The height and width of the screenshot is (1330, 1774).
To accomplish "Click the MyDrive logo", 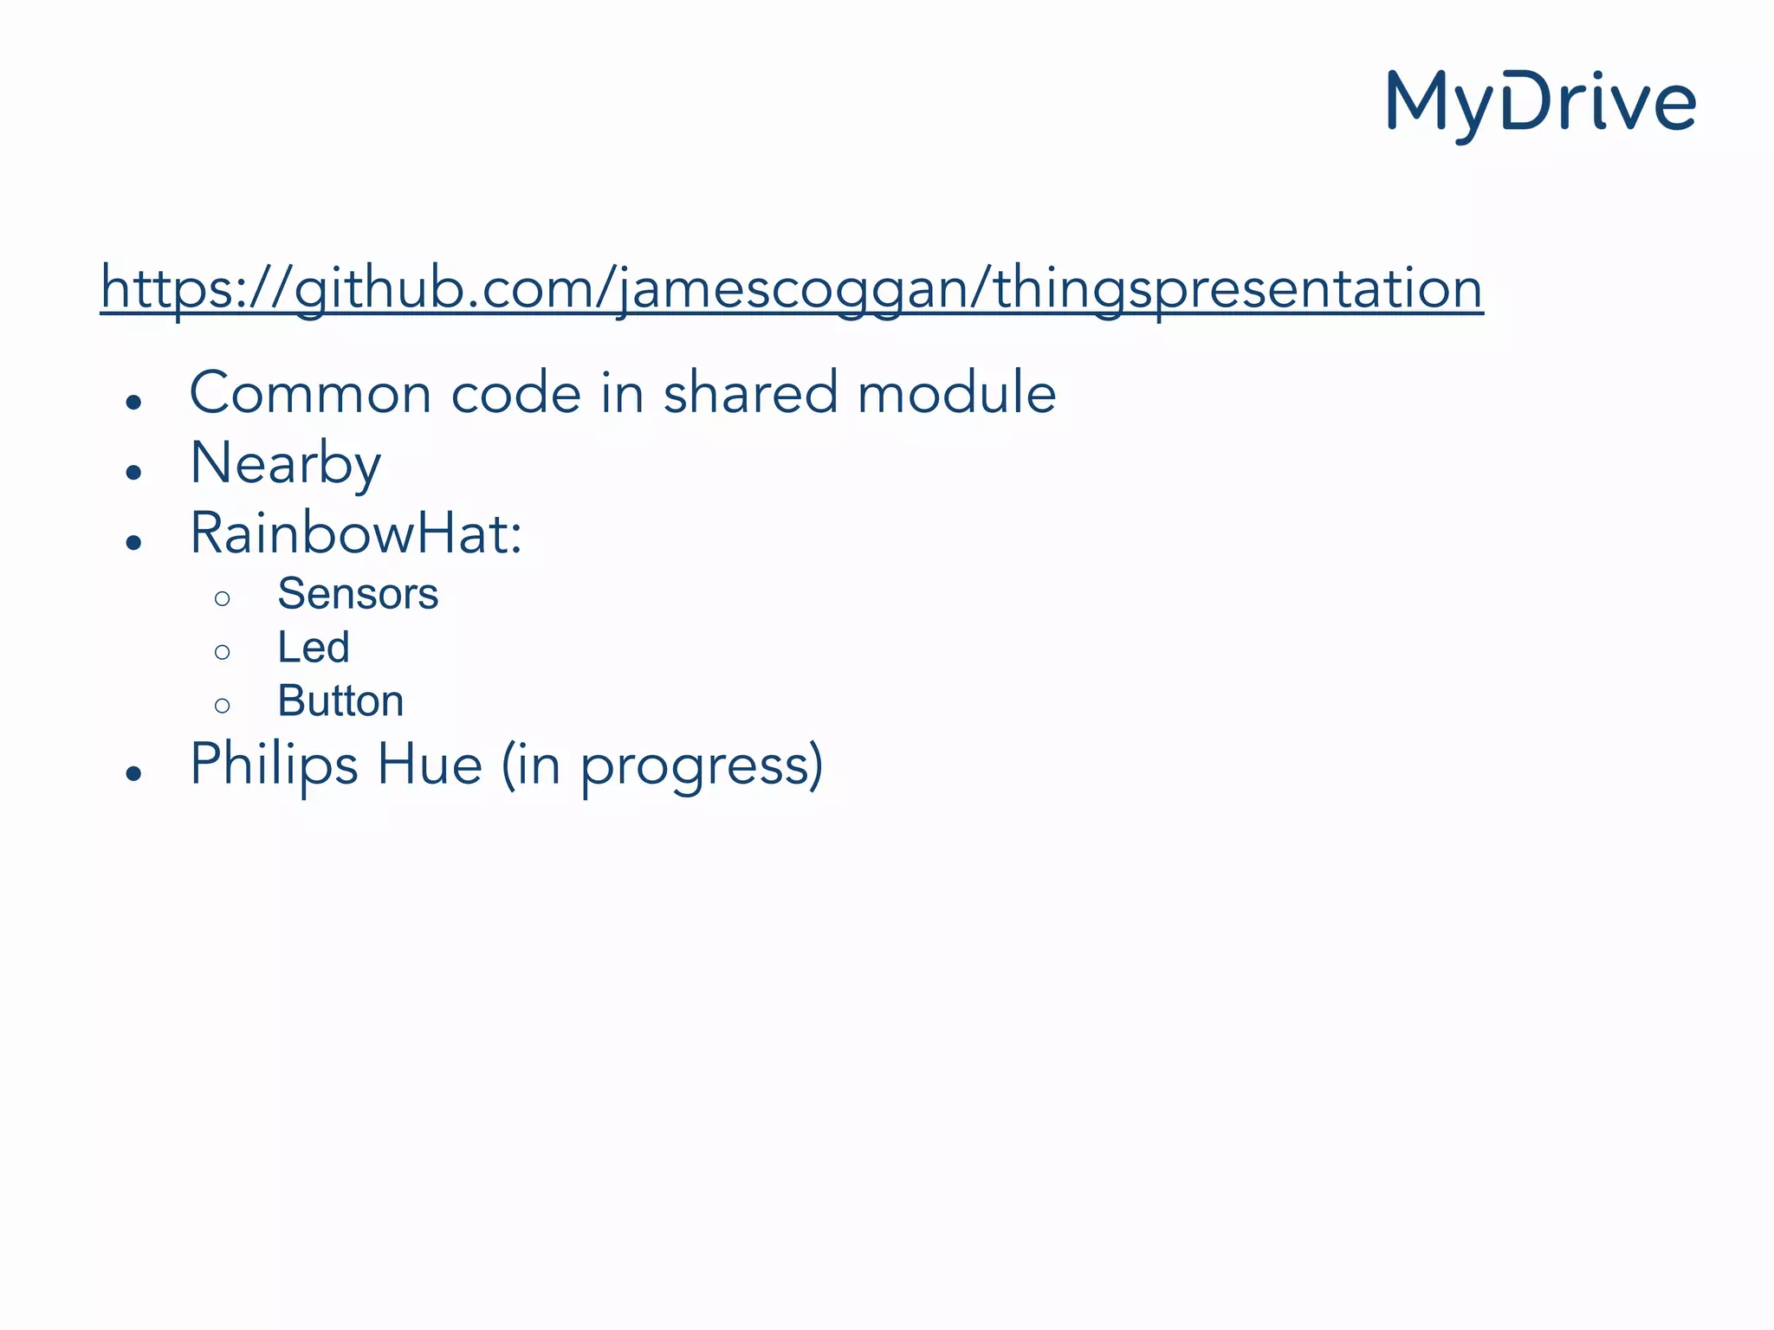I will click(x=1541, y=105).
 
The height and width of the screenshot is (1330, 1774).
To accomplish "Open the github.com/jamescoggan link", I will click(x=792, y=288).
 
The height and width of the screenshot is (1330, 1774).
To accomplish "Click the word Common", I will click(x=310, y=393).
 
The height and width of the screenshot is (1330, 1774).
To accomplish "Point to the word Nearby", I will click(x=285, y=464).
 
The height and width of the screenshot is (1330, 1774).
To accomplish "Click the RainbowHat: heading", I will click(x=356, y=533).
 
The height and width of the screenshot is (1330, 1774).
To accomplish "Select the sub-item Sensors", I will click(x=358, y=594).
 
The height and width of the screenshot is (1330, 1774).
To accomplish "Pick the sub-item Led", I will click(x=314, y=648).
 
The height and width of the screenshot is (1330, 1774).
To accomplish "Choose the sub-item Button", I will click(x=340, y=701).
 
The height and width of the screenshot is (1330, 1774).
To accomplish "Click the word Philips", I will click(x=274, y=765).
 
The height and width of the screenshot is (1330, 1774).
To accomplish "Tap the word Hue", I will click(x=430, y=765).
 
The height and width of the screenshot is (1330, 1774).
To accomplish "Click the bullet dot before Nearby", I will click(x=133, y=473).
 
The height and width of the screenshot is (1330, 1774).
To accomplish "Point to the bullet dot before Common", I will click(x=133, y=402).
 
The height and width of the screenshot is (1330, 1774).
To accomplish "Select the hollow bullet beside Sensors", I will click(x=223, y=598).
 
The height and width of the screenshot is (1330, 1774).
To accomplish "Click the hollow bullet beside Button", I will click(x=223, y=706).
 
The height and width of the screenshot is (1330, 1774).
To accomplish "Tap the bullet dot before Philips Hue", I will click(x=133, y=773).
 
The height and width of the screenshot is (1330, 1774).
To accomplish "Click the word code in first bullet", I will click(x=515, y=393).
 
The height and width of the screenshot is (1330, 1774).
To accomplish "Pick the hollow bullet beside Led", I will click(x=223, y=652).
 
